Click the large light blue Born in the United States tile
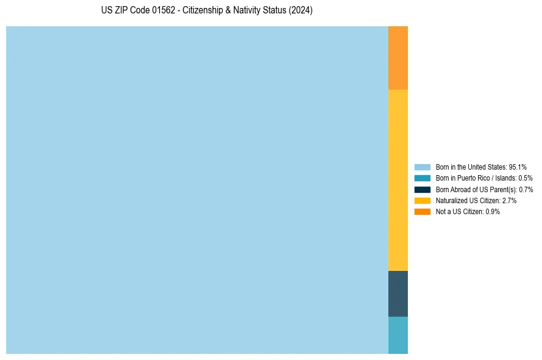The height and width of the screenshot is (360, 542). [197, 190]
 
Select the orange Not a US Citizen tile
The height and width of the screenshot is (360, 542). [398, 58]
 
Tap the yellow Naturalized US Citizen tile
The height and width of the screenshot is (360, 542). [398, 180]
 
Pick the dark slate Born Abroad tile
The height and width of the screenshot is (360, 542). [398, 293]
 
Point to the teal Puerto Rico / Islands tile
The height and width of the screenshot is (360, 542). [398, 335]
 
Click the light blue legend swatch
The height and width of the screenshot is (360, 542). [422, 167]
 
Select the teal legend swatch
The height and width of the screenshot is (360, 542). [422, 178]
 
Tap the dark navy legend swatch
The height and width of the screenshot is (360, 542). [422, 189]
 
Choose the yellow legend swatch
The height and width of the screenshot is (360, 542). [422, 200]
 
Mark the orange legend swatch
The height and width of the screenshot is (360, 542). [422, 211]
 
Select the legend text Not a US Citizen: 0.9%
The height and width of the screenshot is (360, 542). [468, 211]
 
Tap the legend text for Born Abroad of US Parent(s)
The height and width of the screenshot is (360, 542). [484, 189]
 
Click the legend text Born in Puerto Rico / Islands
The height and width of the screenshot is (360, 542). [484, 178]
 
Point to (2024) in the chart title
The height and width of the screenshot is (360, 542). [301, 11]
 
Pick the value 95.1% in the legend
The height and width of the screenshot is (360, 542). [518, 167]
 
